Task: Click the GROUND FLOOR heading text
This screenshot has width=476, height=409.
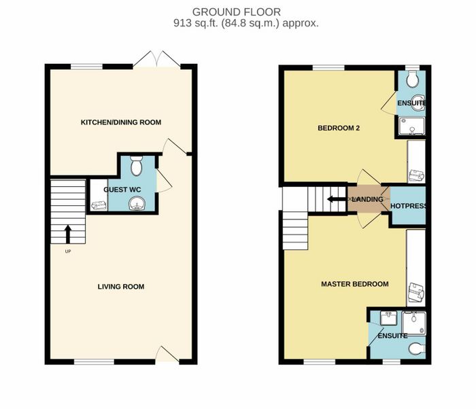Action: point(237,12)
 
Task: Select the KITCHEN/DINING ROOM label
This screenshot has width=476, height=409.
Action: point(121,122)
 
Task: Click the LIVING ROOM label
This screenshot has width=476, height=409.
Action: point(121,287)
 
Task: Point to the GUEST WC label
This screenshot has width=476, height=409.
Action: point(122,190)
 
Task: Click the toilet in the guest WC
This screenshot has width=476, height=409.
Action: point(136,166)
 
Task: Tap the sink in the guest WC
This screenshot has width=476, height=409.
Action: point(137,203)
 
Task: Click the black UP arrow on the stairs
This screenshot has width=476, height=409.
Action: point(68,234)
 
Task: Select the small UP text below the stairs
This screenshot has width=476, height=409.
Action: point(68,251)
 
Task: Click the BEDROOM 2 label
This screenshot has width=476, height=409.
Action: point(339,128)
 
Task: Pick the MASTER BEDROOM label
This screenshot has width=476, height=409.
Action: point(355,284)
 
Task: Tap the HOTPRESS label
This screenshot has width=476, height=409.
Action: point(408,206)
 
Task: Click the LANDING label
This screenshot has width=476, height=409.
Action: point(368,199)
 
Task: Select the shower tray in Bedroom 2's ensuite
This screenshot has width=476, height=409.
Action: point(412,126)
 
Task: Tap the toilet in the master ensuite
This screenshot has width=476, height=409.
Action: point(417,349)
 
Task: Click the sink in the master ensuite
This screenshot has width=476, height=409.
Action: point(388,318)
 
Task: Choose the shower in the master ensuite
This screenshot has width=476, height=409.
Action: point(413,323)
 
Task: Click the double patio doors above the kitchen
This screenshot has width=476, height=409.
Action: point(156,59)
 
